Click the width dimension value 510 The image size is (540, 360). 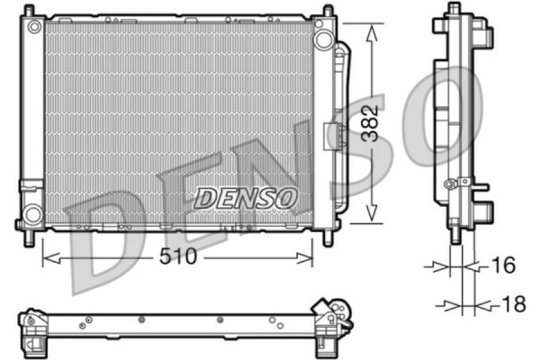point(179,256)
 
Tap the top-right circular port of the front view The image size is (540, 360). point(323,37)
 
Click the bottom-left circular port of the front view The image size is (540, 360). point(32,214)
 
